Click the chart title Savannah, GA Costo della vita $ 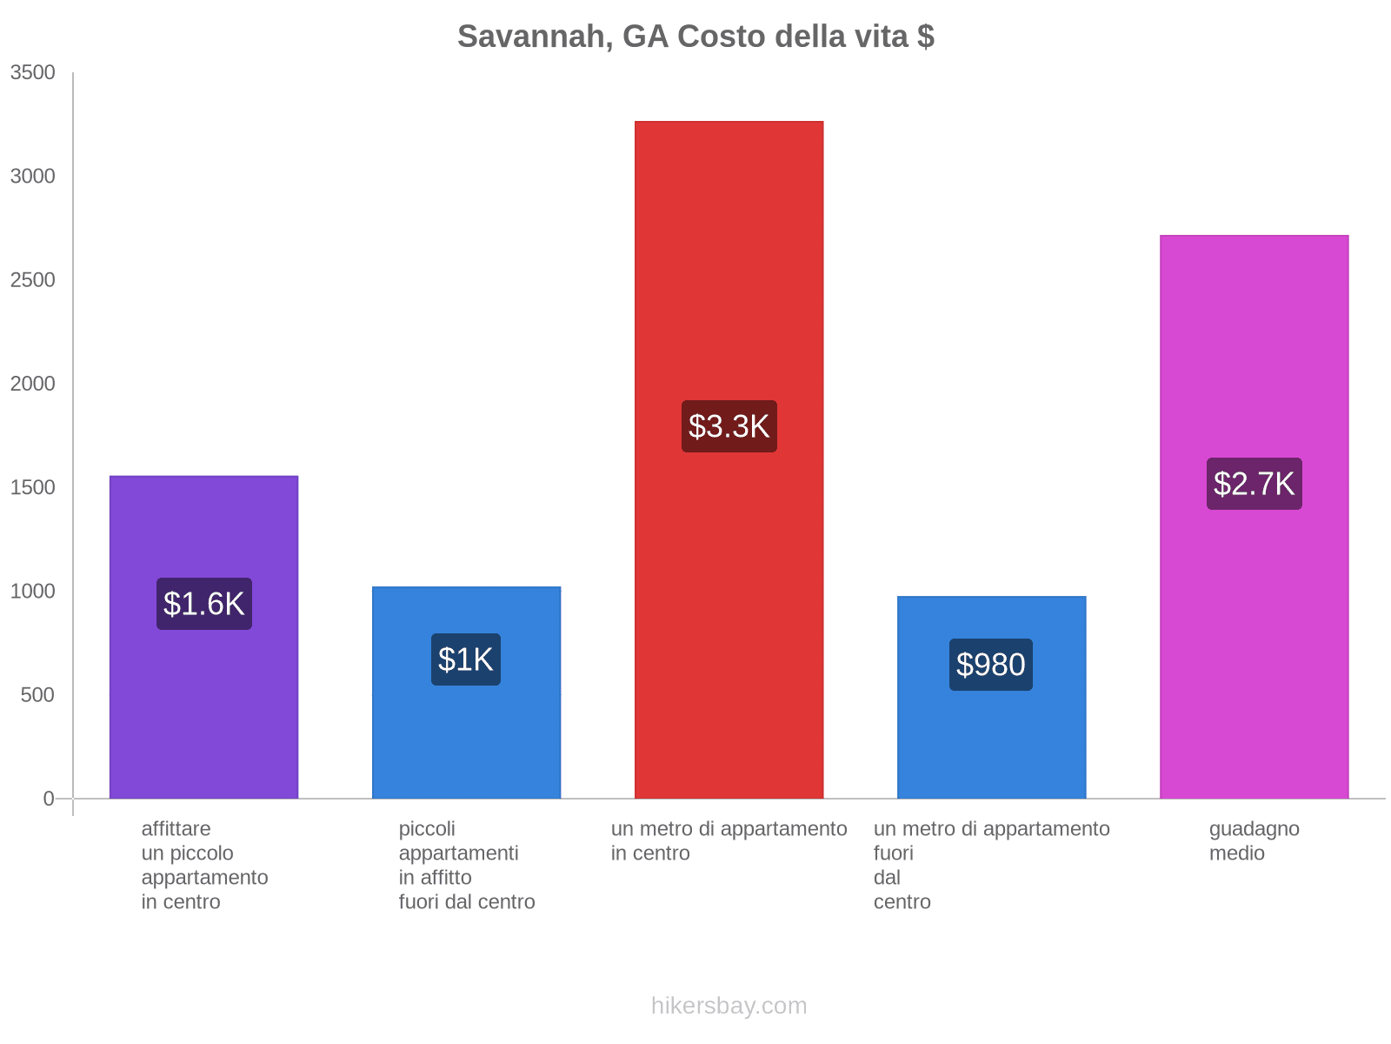pos(695,37)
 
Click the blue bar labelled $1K pos(466,739)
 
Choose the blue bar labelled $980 pos(991,739)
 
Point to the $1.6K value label pos(204,604)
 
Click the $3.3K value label pos(729,426)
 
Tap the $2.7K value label pos(1254,484)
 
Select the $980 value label pos(991,665)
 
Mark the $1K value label pos(466,659)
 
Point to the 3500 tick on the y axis pos(33,73)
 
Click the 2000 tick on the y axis pos(33,384)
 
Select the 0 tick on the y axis pos(49,799)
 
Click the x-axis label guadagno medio pos(1254,841)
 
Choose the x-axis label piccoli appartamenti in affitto pos(466,866)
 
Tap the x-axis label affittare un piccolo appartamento pos(204,866)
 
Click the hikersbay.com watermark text pos(729,1006)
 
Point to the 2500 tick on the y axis pos(33,280)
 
